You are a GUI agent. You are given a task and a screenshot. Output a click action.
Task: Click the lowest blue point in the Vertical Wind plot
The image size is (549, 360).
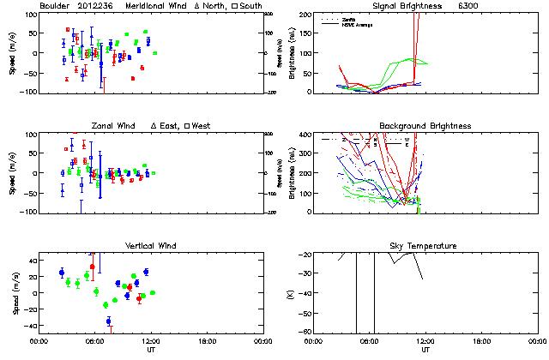108,321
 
